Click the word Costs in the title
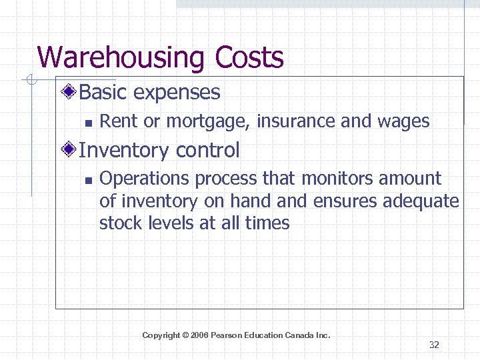[249, 57]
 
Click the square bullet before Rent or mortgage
[87, 123]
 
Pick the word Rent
[117, 121]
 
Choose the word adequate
[423, 201]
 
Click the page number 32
[434, 345]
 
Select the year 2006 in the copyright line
[199, 335]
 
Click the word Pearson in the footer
[226, 335]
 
